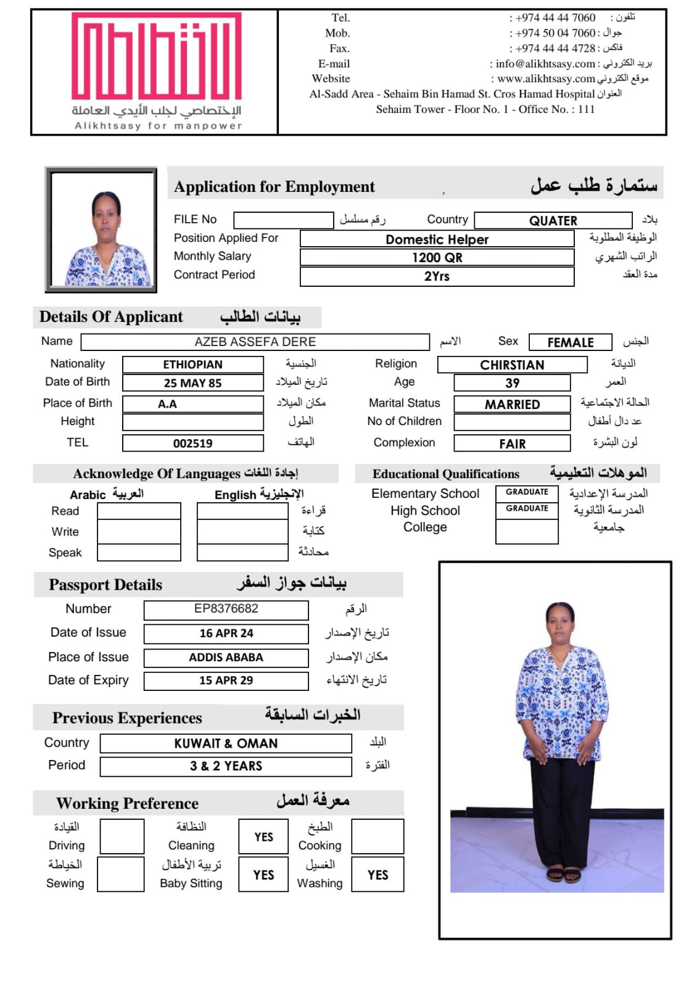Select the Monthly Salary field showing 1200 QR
tap(437, 257)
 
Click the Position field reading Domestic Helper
tap(437, 239)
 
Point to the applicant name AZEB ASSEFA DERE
tap(255, 342)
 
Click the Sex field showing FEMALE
tap(570, 342)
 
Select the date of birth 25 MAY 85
tap(192, 383)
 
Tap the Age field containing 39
tap(512, 383)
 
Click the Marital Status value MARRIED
tap(512, 405)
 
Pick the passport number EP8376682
tap(226, 609)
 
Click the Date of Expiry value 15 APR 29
tap(226, 680)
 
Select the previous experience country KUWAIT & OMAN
tap(226, 743)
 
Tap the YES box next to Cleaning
tap(263, 837)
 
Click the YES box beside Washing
tap(377, 875)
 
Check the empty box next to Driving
tap(122, 837)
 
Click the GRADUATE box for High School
tap(527, 509)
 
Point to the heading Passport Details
tap(105, 585)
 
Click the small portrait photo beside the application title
tap(101, 229)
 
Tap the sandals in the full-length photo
tap(563, 873)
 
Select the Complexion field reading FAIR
tap(512, 444)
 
